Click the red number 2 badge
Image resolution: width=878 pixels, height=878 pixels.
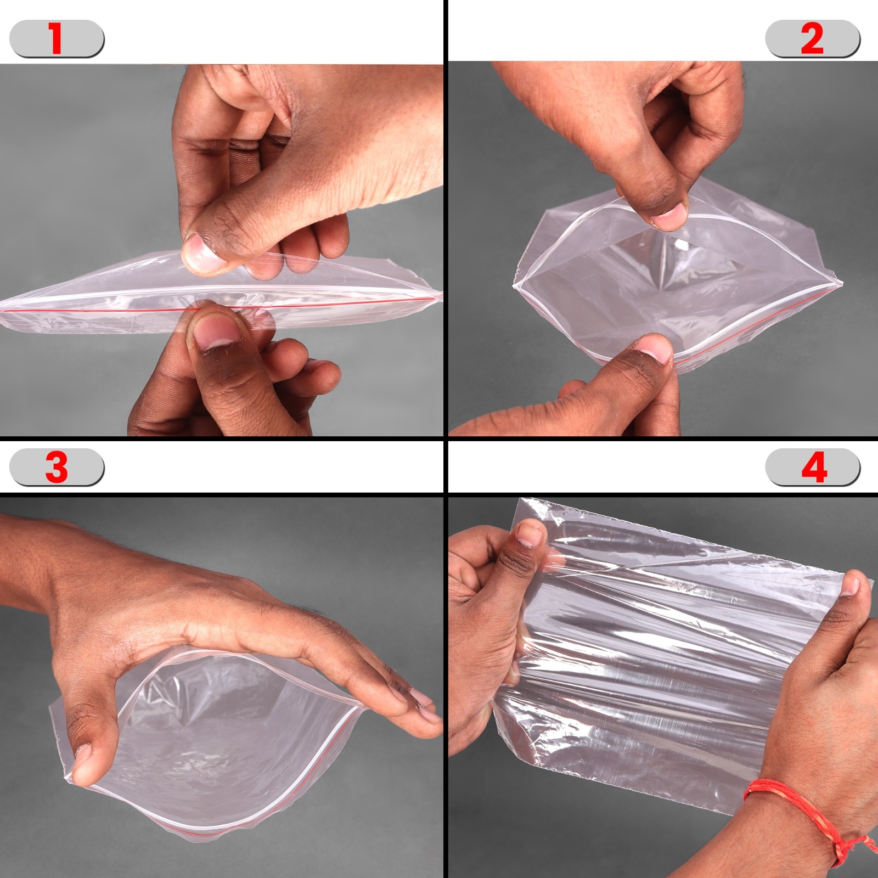[x=812, y=38]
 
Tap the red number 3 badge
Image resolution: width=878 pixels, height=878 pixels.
[x=57, y=468]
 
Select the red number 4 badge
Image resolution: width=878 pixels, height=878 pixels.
[x=813, y=468]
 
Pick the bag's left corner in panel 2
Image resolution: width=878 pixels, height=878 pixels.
[x=515, y=286]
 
